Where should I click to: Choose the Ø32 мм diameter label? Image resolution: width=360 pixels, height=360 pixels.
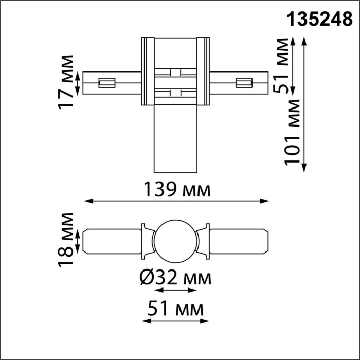click(x=175, y=279)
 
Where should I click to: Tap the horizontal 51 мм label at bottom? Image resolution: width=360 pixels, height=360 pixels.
click(x=175, y=310)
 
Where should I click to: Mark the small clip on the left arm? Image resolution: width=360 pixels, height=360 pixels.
click(x=106, y=82)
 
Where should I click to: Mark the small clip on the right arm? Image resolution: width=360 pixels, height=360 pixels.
click(x=243, y=82)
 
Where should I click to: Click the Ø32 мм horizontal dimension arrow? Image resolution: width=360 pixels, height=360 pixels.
click(x=175, y=291)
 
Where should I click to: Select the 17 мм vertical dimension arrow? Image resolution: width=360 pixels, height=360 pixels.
click(x=78, y=82)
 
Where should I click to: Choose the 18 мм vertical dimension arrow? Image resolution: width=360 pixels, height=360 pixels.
click(x=78, y=242)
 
